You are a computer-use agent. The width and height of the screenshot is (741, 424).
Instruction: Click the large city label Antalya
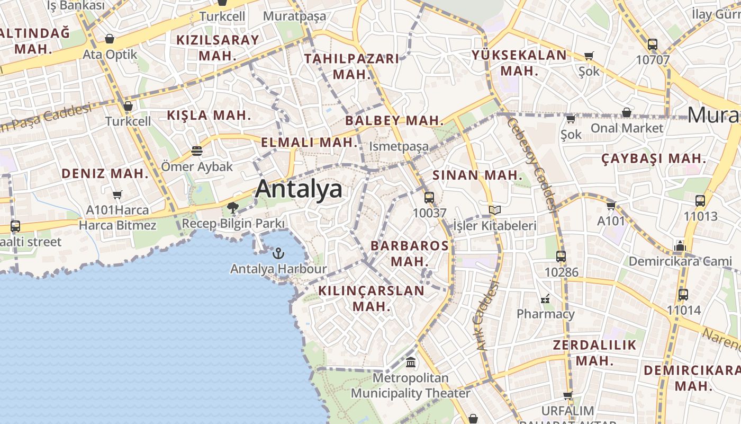pyautogui.click(x=299, y=189)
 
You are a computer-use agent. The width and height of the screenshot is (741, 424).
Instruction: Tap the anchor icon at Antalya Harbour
pyautogui.click(x=278, y=253)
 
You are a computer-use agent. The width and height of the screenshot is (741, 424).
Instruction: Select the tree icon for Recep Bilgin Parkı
pyautogui.click(x=232, y=208)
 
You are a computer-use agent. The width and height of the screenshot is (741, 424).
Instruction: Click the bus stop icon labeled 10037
pyautogui.click(x=429, y=198)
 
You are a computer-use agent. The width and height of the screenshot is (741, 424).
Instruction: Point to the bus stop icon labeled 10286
pyautogui.click(x=561, y=257)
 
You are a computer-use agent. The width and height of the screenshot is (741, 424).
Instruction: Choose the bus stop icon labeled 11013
pyautogui.click(x=700, y=201)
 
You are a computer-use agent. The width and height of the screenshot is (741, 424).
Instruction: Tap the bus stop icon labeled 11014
pyautogui.click(x=683, y=295)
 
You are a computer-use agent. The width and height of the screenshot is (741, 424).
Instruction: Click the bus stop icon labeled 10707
pyautogui.click(x=653, y=45)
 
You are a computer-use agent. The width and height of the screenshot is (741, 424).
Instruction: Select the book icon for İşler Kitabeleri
pyautogui.click(x=495, y=210)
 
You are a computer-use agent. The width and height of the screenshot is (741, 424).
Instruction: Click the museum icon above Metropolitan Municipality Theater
pyautogui.click(x=411, y=363)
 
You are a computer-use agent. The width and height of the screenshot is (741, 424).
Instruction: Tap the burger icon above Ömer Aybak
pyautogui.click(x=197, y=151)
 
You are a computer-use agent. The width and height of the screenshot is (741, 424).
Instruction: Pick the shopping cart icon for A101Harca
pyautogui.click(x=118, y=195)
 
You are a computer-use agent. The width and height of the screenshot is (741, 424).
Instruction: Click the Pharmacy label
pyautogui.click(x=545, y=314)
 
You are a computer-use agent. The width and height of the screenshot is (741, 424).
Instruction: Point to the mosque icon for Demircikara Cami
pyautogui.click(x=681, y=246)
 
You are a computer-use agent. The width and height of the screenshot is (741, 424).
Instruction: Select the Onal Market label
pyautogui.click(x=627, y=128)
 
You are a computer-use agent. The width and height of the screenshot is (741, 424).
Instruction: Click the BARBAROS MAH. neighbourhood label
pyautogui.click(x=410, y=253)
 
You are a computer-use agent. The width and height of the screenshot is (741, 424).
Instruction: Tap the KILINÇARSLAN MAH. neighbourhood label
pyautogui.click(x=372, y=298)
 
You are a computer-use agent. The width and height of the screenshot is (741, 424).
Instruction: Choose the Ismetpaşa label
pyautogui.click(x=399, y=146)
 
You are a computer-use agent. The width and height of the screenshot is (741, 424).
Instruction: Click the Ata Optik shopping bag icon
pyautogui.click(x=110, y=39)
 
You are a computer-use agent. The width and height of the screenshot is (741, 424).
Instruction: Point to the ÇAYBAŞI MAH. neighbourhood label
pyautogui.click(x=654, y=158)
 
